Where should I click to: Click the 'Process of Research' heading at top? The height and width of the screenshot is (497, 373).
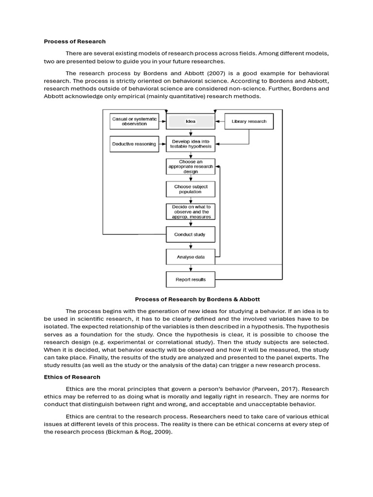[75, 41]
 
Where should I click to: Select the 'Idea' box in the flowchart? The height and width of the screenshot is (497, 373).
[190, 121]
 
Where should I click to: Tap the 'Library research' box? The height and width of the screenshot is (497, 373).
[249, 121]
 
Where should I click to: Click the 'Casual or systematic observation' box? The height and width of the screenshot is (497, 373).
[134, 121]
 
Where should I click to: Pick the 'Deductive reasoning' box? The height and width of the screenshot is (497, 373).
[134, 144]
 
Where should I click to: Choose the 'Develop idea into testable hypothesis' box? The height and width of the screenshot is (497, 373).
[190, 144]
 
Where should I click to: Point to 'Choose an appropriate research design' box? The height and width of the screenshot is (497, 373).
[190, 166]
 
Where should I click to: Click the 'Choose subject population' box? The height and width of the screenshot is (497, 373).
[190, 189]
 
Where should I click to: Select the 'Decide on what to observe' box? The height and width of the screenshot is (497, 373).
[190, 212]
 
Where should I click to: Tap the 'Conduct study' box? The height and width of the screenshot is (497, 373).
[190, 234]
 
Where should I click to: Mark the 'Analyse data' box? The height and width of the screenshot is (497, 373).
[190, 257]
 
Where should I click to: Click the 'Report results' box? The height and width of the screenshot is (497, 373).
[190, 280]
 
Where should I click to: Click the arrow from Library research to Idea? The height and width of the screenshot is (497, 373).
[220, 121]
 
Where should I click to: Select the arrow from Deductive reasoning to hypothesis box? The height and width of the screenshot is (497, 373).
[162, 144]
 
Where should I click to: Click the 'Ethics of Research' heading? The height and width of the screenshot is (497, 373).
[72, 377]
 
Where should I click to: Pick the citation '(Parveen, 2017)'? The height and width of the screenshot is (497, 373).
[270, 389]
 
